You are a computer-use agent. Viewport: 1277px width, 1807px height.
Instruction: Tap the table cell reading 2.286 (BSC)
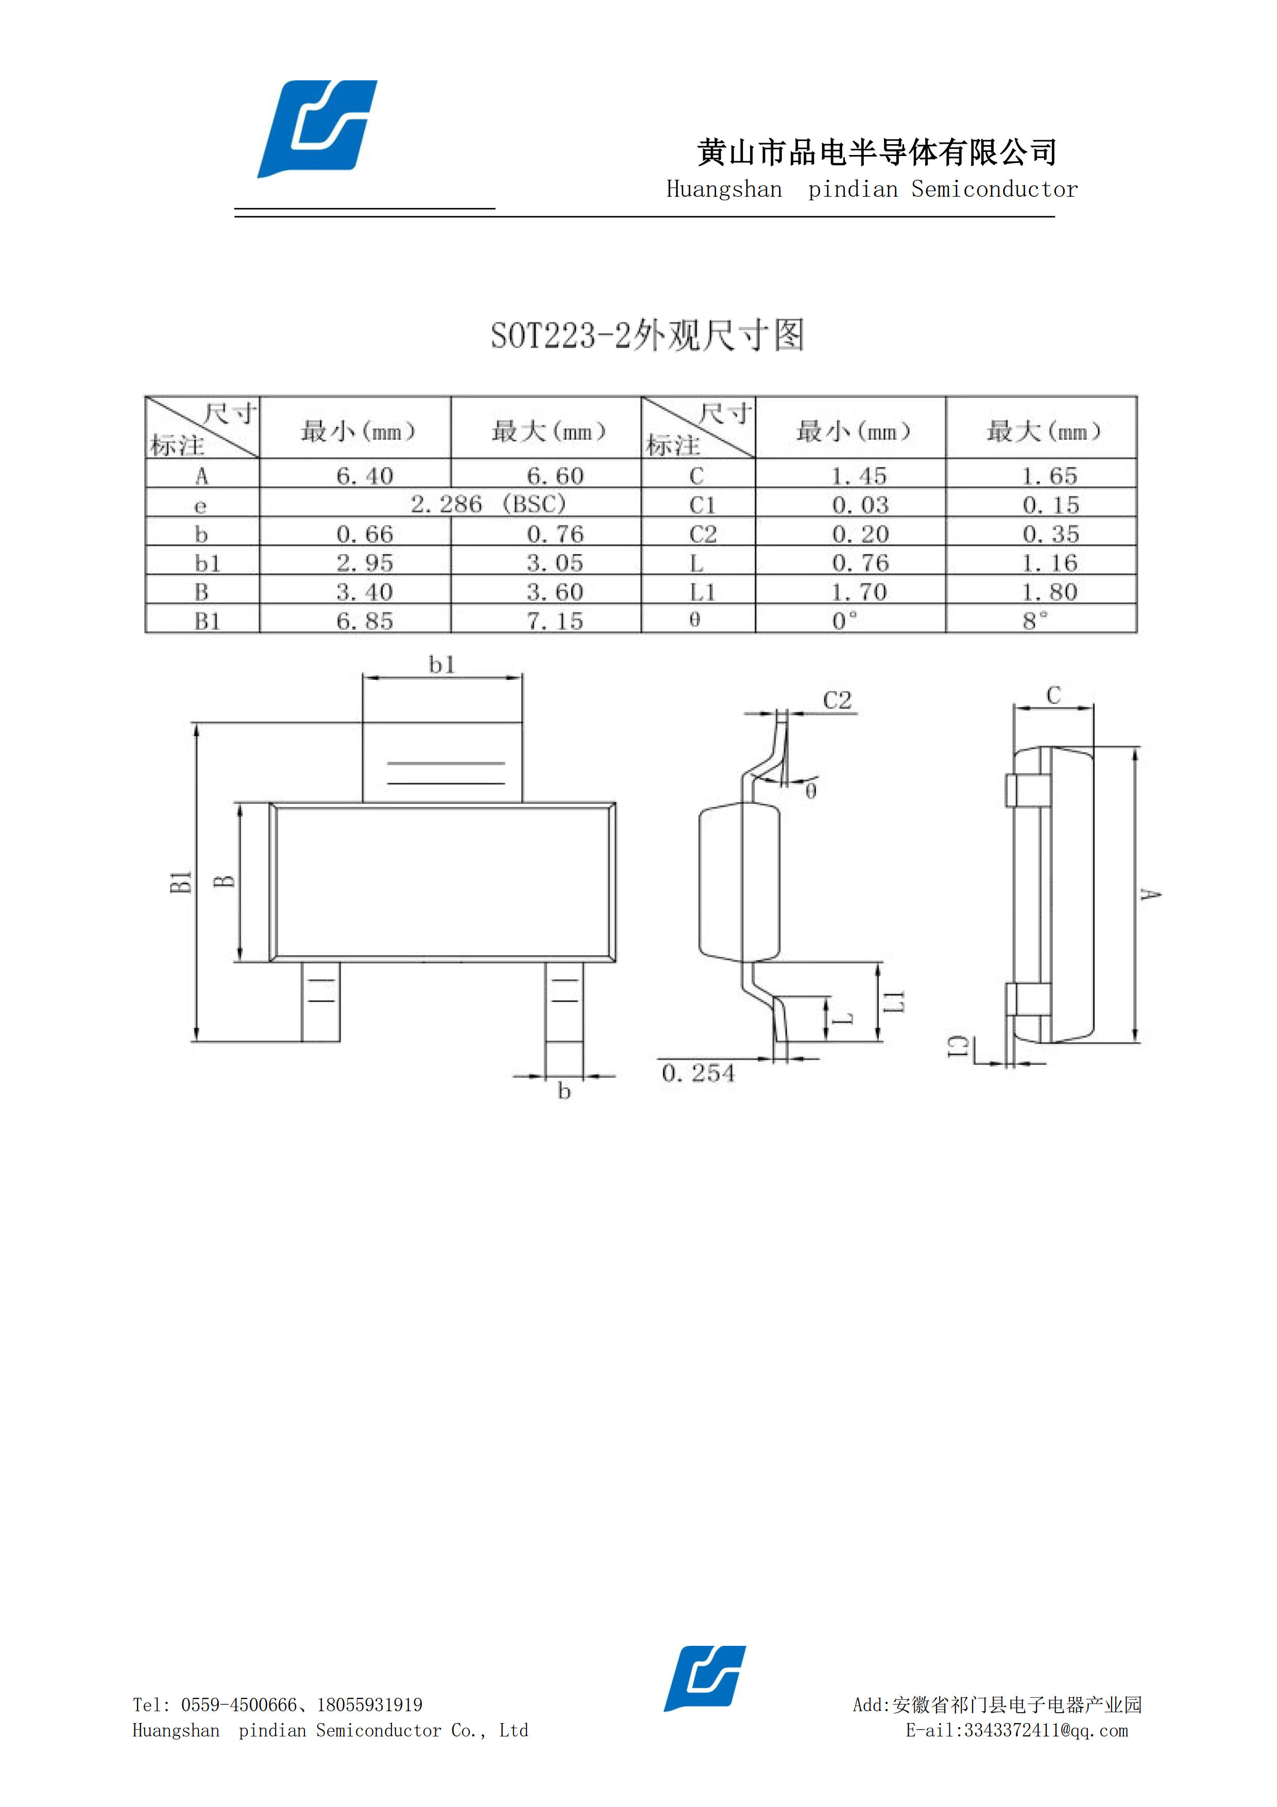488,504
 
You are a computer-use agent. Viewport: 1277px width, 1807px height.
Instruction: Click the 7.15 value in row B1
555,622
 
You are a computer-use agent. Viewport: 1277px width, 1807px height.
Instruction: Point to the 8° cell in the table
1035,621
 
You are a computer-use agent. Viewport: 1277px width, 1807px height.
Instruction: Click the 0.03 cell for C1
860,505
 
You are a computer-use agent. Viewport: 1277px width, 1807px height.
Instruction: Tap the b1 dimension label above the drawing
441,665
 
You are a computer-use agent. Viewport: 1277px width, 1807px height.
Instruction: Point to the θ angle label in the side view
811,790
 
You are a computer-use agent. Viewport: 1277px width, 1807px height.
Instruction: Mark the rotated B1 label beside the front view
181,882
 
